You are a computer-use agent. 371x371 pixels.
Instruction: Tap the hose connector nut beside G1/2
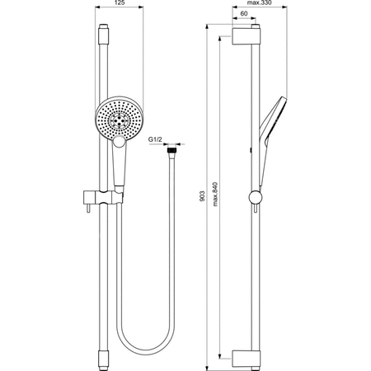click(171, 151)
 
